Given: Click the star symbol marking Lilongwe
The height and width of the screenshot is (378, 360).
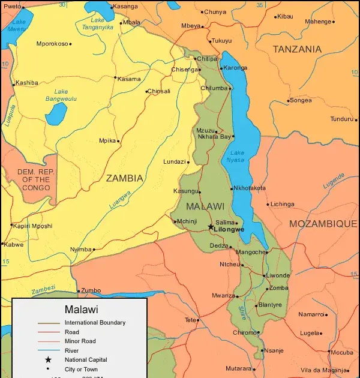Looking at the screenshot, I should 211,227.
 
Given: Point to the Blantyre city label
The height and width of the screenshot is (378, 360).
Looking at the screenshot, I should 270,305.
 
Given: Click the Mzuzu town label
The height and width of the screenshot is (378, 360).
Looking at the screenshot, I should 205,130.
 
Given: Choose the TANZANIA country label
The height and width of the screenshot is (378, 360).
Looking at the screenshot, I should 297,49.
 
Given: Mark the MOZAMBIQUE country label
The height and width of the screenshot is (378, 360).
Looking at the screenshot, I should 323,223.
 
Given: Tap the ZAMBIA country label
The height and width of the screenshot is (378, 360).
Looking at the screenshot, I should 124,178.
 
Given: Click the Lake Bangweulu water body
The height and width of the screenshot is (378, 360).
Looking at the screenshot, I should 56,112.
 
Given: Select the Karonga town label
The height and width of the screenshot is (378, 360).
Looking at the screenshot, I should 236,68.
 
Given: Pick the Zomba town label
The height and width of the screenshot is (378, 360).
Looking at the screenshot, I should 279,288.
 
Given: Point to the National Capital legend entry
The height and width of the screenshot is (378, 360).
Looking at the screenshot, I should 85,359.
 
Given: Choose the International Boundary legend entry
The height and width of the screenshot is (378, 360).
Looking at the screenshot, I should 95,323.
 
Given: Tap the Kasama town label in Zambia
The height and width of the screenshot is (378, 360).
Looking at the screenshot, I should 129,79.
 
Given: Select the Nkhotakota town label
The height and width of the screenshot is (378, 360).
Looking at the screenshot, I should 249,188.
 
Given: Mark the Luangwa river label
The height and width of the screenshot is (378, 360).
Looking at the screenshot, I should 120,200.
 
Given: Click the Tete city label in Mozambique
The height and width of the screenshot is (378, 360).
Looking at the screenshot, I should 190,320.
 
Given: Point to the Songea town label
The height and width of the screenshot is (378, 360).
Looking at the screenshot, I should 300,100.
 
